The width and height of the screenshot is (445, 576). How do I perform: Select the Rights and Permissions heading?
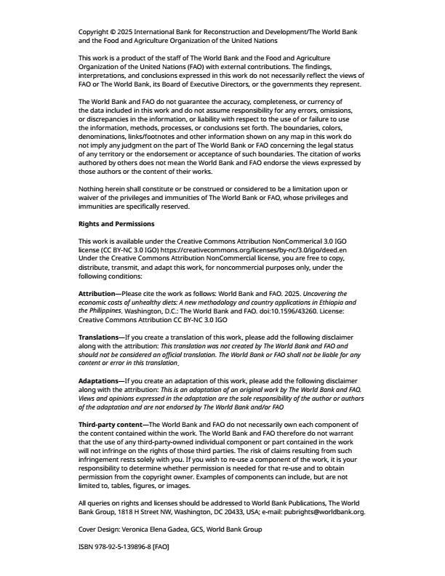[116, 223]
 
